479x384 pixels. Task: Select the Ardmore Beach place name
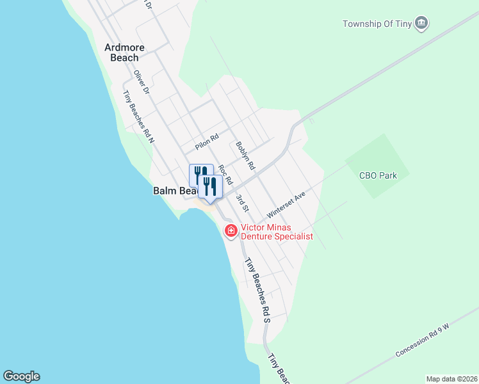pyautogui.click(x=124, y=52)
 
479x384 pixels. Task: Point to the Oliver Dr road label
pyautogui.click(x=141, y=83)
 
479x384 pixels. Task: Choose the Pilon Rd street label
pyautogui.click(x=207, y=141)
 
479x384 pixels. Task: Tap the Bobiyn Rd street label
pyautogui.click(x=245, y=156)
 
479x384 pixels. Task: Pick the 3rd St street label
pyautogui.click(x=241, y=203)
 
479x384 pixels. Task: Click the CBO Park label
pyautogui.click(x=378, y=175)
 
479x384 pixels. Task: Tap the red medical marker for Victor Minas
pyautogui.click(x=230, y=230)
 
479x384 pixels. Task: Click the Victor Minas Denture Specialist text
pyautogui.click(x=276, y=232)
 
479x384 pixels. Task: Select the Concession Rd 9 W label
pyautogui.click(x=423, y=340)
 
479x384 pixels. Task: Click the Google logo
pyautogui.click(x=21, y=376)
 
